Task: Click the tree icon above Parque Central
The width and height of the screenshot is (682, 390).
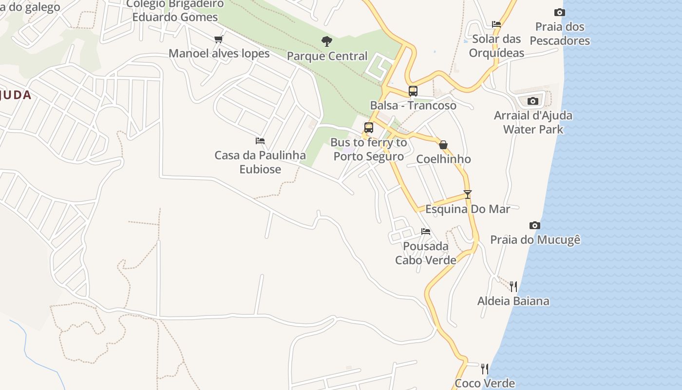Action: [327, 41]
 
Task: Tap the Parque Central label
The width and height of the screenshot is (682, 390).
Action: [327, 56]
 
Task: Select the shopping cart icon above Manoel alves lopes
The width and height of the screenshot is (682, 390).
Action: [219, 39]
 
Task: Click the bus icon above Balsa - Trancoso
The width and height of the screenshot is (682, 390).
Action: [413, 91]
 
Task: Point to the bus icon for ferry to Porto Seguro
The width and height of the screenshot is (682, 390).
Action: [369, 128]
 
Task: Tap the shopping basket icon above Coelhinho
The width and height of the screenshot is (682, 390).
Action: [443, 145]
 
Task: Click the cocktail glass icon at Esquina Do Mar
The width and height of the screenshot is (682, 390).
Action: [468, 195]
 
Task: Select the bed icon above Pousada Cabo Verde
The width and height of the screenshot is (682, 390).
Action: [426, 231]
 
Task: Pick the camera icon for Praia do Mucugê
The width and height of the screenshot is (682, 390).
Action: [535, 225]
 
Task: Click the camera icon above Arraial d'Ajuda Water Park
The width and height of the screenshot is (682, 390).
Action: [533, 101]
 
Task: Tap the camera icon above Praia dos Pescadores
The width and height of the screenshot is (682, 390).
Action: [560, 12]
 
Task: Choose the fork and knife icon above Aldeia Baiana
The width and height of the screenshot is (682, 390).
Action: [513, 286]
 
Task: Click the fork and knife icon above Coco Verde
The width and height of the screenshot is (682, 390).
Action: [484, 369]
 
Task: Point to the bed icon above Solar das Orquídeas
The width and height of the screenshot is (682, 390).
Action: [496, 24]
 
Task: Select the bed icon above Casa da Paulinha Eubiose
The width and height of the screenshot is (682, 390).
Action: [260, 141]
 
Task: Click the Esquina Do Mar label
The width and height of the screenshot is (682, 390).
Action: [468, 209]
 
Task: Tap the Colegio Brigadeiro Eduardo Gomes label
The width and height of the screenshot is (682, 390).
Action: [175, 11]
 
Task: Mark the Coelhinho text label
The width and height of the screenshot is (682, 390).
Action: [443, 159]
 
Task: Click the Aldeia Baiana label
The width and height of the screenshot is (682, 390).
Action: [513, 301]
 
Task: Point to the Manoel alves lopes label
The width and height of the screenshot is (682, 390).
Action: [219, 53]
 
